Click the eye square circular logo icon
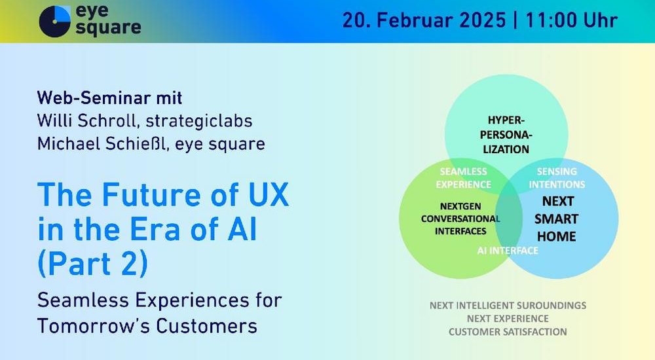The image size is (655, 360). point(55,22)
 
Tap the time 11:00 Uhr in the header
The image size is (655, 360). point(571,20)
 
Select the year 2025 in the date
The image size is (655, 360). point(481,20)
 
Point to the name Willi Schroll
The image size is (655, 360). point(88,120)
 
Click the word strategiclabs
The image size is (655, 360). point(199,121)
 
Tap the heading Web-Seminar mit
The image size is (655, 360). point(109,98)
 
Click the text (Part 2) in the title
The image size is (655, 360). point(93,264)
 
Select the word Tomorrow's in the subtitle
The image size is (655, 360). point(93,326)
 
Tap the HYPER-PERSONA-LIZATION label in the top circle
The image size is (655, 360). point(506,134)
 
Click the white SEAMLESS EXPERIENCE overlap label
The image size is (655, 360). point(463,178)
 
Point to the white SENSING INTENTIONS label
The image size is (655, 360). point(557,178)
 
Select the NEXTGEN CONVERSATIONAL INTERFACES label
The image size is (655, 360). point(460,219)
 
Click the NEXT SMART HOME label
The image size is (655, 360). point(556,219)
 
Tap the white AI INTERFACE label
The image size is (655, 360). point(508,251)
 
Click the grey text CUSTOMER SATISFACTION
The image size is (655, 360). point(508,332)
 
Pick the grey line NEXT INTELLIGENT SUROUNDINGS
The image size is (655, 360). point(508,305)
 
